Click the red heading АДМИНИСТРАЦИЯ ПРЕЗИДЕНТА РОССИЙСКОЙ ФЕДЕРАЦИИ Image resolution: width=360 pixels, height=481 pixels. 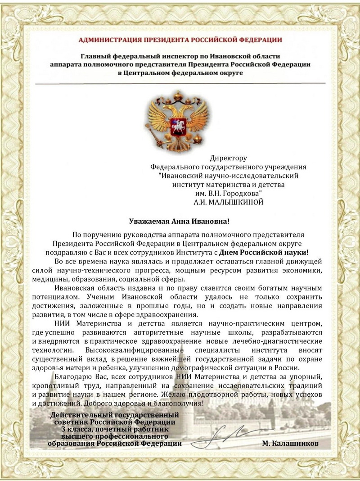point(180,40)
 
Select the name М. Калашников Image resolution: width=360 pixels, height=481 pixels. point(290,443)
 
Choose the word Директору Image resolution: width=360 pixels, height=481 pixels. point(228,158)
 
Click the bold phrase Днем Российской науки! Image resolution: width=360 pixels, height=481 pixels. point(270,253)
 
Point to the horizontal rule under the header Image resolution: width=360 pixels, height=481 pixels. point(180,83)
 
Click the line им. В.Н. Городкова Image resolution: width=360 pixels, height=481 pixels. point(228,193)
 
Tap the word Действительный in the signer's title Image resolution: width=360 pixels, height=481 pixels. point(77,415)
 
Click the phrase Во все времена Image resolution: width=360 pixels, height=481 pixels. point(78,262)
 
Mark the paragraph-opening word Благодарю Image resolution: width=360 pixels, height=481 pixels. point(72,376)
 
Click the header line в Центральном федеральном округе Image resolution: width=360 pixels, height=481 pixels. point(180,73)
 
